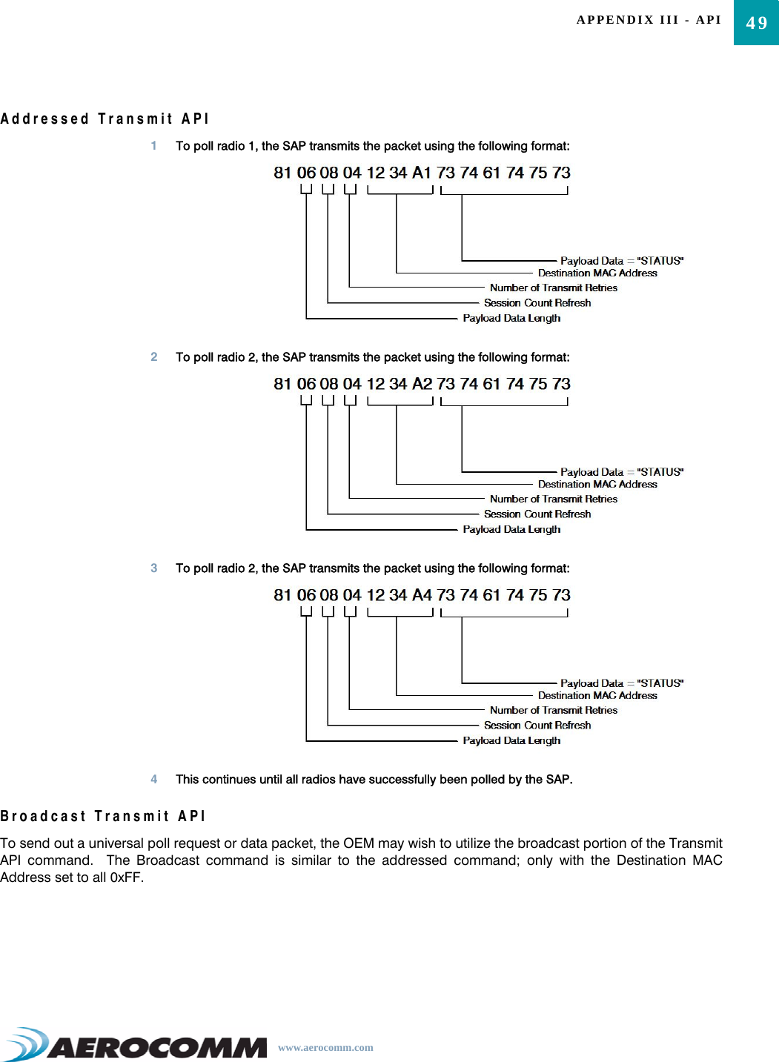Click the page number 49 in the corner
(x=756, y=23)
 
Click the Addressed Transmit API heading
(x=105, y=119)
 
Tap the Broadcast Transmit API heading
(x=103, y=816)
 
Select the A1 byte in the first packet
(x=422, y=173)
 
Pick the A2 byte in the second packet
(x=422, y=384)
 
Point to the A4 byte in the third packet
(x=422, y=595)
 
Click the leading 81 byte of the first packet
(x=283, y=173)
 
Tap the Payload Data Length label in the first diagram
(x=511, y=318)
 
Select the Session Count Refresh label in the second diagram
(x=537, y=514)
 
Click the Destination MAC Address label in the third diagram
(x=597, y=695)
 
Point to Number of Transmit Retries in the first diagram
(x=553, y=288)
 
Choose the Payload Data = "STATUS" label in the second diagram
(x=621, y=472)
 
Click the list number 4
(x=154, y=779)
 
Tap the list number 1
(x=154, y=146)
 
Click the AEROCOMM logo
(x=137, y=1045)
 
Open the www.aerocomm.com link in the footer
(x=325, y=1047)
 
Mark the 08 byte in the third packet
(x=329, y=595)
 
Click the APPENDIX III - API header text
(x=649, y=20)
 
